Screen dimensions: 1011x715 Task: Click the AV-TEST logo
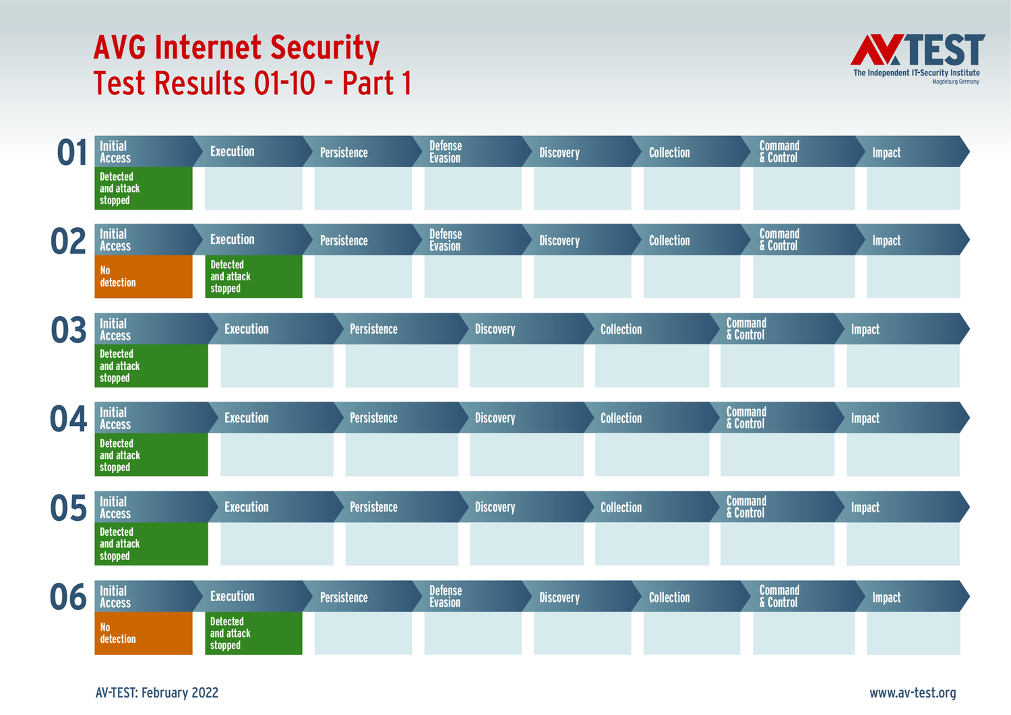tap(917, 59)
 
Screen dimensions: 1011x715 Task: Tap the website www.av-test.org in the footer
tap(913, 693)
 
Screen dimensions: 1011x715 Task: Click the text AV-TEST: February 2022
tap(156, 693)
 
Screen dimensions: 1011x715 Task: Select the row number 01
tap(71, 152)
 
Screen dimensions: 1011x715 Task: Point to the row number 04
tap(68, 419)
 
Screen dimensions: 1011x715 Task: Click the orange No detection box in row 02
tap(144, 277)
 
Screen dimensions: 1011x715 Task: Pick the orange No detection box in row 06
tap(144, 633)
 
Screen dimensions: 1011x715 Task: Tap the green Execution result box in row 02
tap(253, 277)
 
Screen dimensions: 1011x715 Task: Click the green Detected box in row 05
tap(151, 544)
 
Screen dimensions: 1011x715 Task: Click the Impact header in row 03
tap(902, 329)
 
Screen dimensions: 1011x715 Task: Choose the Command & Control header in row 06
tap(804, 596)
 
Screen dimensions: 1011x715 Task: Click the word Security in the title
tap(325, 48)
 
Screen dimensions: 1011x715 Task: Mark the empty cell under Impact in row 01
tap(913, 189)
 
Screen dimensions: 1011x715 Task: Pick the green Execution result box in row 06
tap(253, 633)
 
